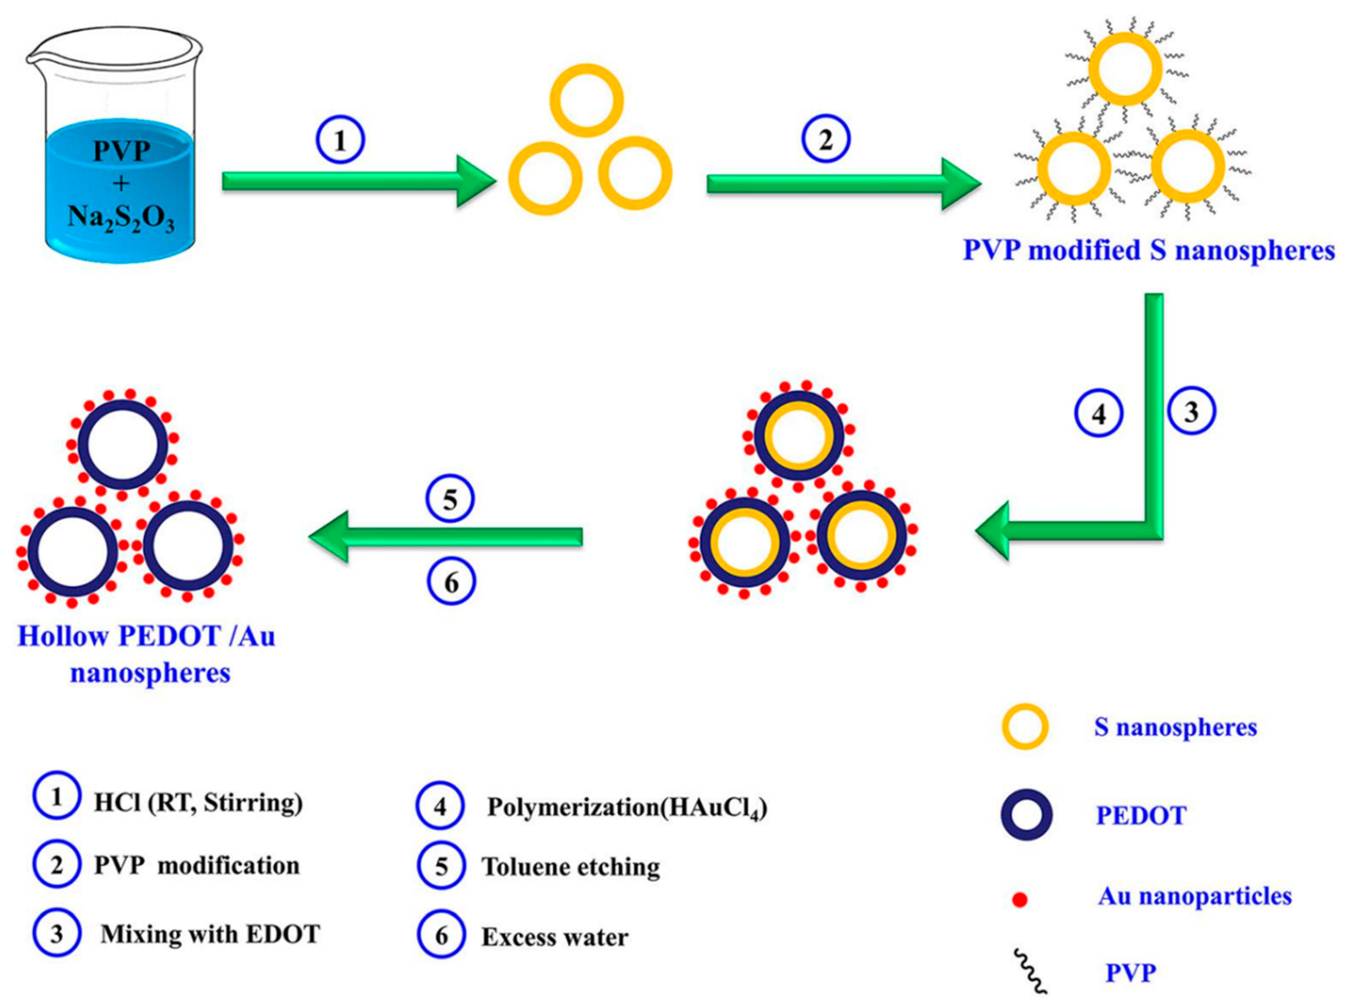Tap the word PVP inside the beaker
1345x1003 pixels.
click(121, 150)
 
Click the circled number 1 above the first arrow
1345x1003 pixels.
click(340, 140)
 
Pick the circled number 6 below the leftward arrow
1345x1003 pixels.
click(451, 582)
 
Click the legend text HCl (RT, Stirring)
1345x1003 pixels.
click(198, 803)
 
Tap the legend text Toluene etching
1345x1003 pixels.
click(570, 866)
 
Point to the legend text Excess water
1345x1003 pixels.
click(555, 937)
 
